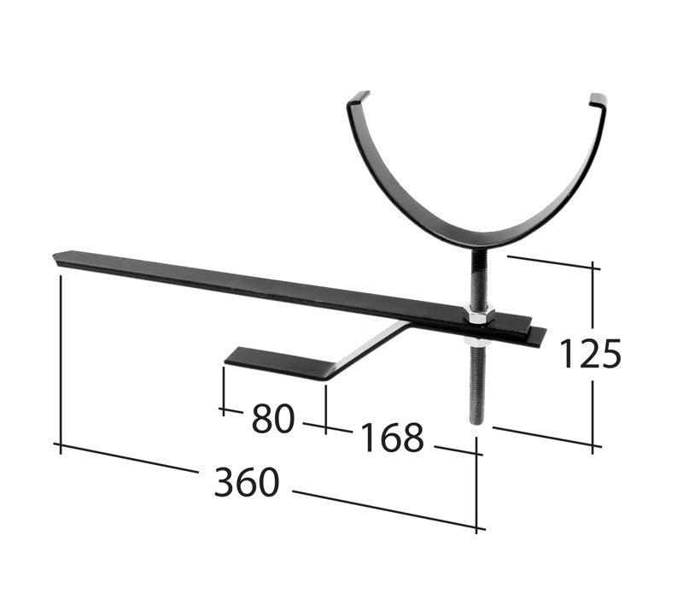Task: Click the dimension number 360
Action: tap(247, 483)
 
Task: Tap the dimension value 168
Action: tap(392, 438)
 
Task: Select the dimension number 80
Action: tap(273, 419)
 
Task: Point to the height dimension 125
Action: tap(590, 353)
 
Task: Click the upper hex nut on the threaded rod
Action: tap(478, 317)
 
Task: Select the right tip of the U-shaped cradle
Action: tap(598, 100)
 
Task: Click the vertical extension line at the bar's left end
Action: tap(61, 359)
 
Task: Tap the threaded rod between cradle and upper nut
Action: tap(476, 274)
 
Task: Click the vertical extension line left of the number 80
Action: tap(224, 389)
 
